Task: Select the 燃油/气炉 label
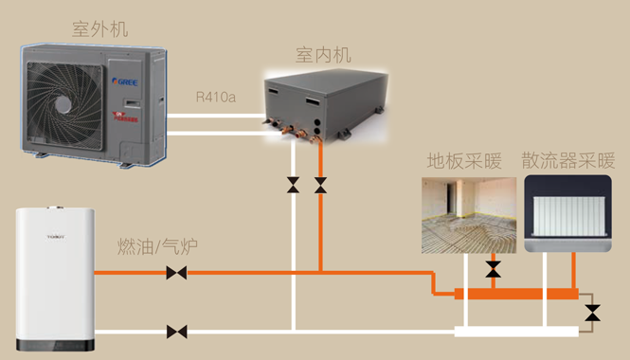156,249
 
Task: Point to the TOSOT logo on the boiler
36,235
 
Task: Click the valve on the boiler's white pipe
176,332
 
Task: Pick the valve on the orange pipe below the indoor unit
321,185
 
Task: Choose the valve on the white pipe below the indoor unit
294,185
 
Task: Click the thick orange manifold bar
516,294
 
